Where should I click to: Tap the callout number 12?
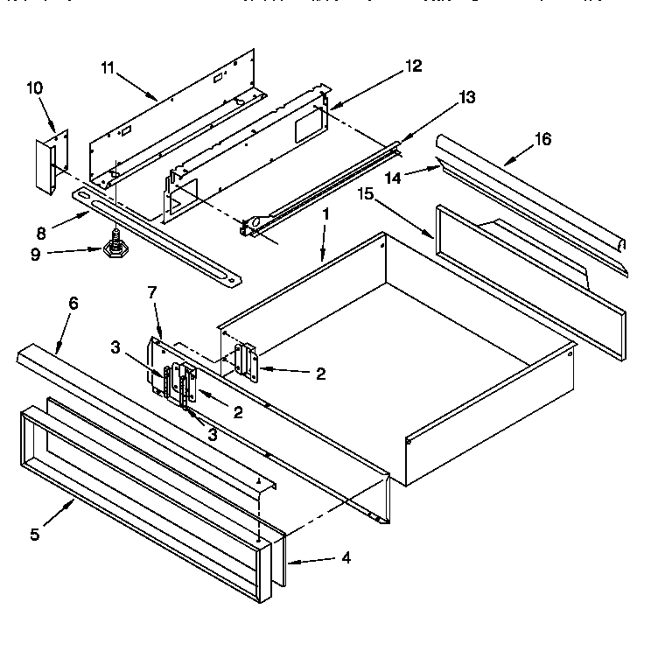click(414, 66)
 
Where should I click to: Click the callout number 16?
click(542, 138)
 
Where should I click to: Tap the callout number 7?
click(153, 293)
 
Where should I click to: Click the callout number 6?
click(73, 303)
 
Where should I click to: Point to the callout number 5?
click(35, 535)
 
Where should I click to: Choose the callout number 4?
click(346, 556)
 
